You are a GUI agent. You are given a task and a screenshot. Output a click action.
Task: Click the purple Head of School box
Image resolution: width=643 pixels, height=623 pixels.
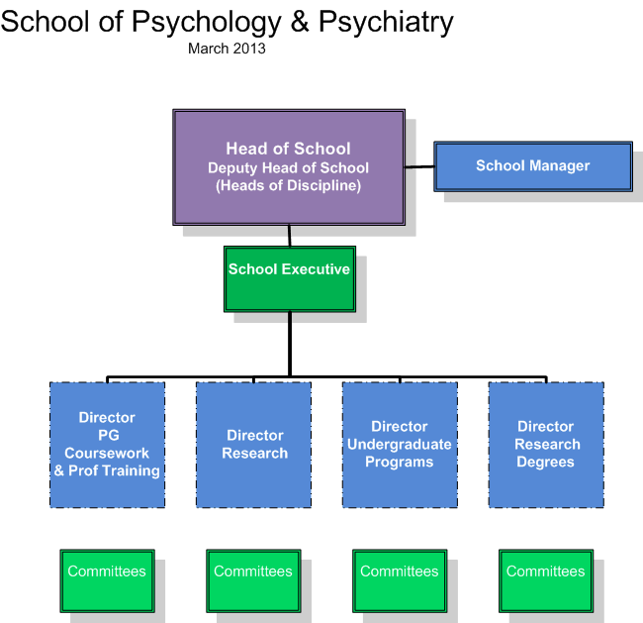click(x=289, y=167)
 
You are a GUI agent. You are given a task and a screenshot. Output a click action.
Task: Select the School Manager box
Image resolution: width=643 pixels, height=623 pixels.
click(x=533, y=166)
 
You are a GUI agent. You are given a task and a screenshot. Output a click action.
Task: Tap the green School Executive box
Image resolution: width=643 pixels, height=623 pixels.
click(x=290, y=279)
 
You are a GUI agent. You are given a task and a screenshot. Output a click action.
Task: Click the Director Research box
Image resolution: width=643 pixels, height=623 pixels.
click(x=253, y=445)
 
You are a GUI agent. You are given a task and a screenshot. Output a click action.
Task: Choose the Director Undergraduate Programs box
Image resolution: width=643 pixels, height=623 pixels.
click(x=400, y=445)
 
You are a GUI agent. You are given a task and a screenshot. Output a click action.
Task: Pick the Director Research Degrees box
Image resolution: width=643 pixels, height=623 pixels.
click(x=546, y=445)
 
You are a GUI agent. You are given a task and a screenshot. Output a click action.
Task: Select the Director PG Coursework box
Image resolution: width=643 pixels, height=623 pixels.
click(x=108, y=445)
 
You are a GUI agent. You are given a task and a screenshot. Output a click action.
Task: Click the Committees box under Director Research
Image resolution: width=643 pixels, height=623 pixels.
click(x=253, y=580)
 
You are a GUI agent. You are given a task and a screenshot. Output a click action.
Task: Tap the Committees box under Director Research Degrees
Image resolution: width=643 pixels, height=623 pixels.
click(x=546, y=580)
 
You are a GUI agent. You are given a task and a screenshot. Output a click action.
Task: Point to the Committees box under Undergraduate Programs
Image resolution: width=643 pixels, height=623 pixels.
click(x=400, y=580)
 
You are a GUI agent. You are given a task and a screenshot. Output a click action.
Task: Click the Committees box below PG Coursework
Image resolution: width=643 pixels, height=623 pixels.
click(x=108, y=580)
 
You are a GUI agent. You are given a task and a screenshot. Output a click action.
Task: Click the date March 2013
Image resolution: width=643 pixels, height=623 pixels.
click(x=227, y=49)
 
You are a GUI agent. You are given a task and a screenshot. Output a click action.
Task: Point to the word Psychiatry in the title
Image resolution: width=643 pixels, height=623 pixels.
click(x=386, y=23)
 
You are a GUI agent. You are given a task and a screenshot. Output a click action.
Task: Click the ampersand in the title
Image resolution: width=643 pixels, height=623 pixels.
click(x=300, y=22)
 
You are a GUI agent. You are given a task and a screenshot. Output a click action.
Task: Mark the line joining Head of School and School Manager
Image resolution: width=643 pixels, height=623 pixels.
click(x=419, y=166)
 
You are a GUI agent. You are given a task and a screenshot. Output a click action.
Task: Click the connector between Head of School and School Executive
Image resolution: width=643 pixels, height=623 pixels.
click(x=290, y=236)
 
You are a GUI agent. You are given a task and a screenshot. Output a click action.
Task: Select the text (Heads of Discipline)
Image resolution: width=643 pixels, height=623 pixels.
click(x=288, y=185)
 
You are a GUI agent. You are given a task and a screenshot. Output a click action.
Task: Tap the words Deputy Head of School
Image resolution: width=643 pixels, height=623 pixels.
click(x=288, y=168)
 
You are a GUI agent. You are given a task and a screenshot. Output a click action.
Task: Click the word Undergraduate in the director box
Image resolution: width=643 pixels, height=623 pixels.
click(x=400, y=444)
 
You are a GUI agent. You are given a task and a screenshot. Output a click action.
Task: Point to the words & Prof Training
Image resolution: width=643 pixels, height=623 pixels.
click(x=107, y=470)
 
